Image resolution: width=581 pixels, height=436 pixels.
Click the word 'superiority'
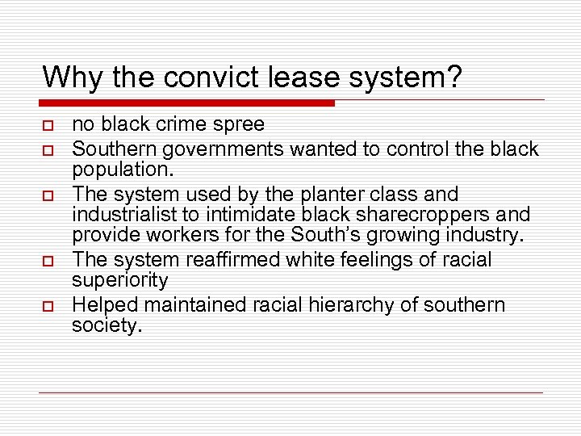[120, 280]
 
